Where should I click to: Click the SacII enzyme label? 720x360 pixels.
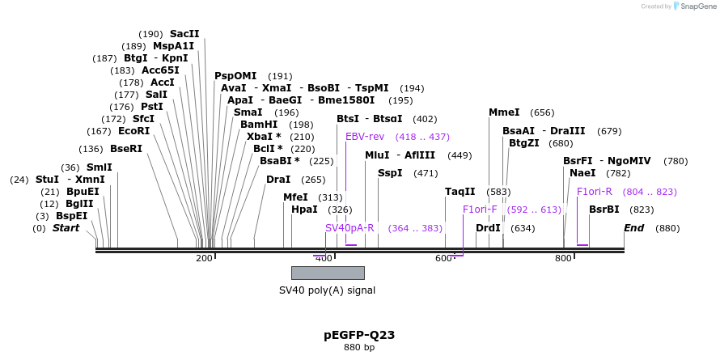184,34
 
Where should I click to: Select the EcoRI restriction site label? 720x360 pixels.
133,131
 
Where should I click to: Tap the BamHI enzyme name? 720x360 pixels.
259,125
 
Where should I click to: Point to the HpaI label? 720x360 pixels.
304,210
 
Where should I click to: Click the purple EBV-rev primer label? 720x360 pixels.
365,137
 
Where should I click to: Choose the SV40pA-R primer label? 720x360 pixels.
349,228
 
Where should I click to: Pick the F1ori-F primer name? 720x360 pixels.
480,210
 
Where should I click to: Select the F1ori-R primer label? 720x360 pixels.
595,192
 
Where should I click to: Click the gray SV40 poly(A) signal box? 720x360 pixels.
328,273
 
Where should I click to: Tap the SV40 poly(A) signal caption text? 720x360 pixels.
327,290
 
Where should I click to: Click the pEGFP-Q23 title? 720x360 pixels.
359,334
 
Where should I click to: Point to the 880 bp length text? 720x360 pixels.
359,348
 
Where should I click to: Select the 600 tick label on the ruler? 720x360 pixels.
443,258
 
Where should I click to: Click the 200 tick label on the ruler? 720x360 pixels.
204,258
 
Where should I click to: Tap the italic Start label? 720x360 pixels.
66,228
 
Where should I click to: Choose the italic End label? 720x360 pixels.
633,228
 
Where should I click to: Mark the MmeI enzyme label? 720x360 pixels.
504,112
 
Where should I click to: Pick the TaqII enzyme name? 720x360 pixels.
460,192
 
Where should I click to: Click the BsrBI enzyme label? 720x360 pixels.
604,210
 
